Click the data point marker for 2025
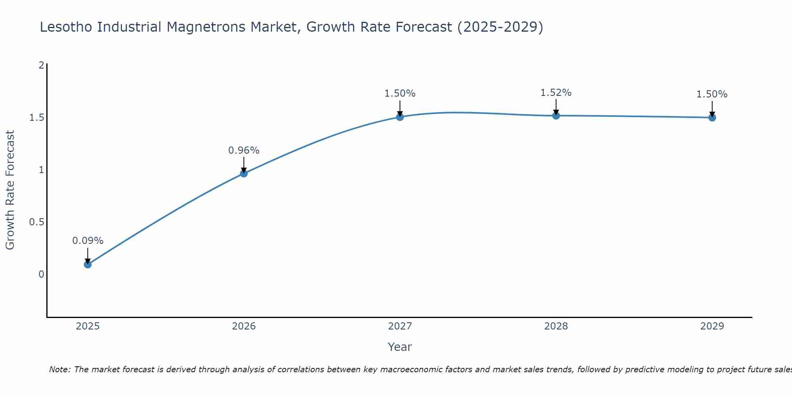[88, 264]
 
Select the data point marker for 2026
[244, 173]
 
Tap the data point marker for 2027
[400, 117]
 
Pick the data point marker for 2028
[556, 115]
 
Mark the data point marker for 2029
[712, 117]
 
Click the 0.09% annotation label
[88, 240]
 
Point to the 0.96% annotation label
[244, 150]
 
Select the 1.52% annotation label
[556, 92]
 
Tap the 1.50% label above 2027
[400, 93]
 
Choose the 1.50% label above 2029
[712, 94]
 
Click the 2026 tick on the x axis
[244, 326]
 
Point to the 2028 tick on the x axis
[556, 326]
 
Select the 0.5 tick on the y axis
[36, 222]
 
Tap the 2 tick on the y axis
[41, 65]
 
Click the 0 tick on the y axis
[41, 274]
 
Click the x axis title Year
[400, 347]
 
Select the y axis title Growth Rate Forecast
[10, 190]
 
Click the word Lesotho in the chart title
[67, 27]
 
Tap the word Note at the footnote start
[59, 369]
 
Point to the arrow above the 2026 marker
[244, 164]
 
